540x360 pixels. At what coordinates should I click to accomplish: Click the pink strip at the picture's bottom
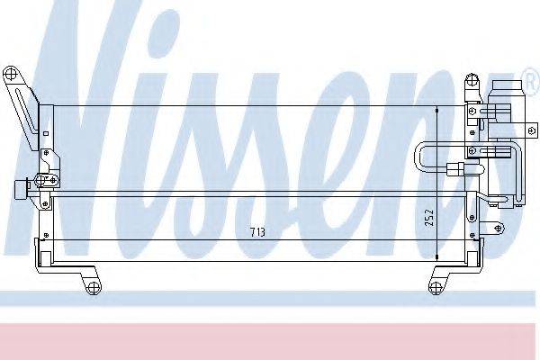coord(270,341)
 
